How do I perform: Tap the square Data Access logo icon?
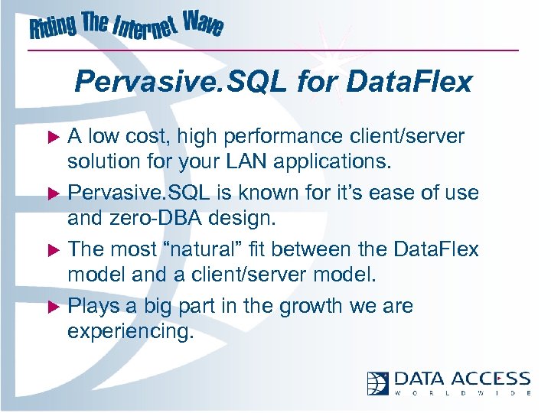[x=377, y=382]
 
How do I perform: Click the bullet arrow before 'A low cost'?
[x=55, y=138]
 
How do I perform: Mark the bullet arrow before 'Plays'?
[x=55, y=307]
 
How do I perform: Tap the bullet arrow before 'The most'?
[x=55, y=250]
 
